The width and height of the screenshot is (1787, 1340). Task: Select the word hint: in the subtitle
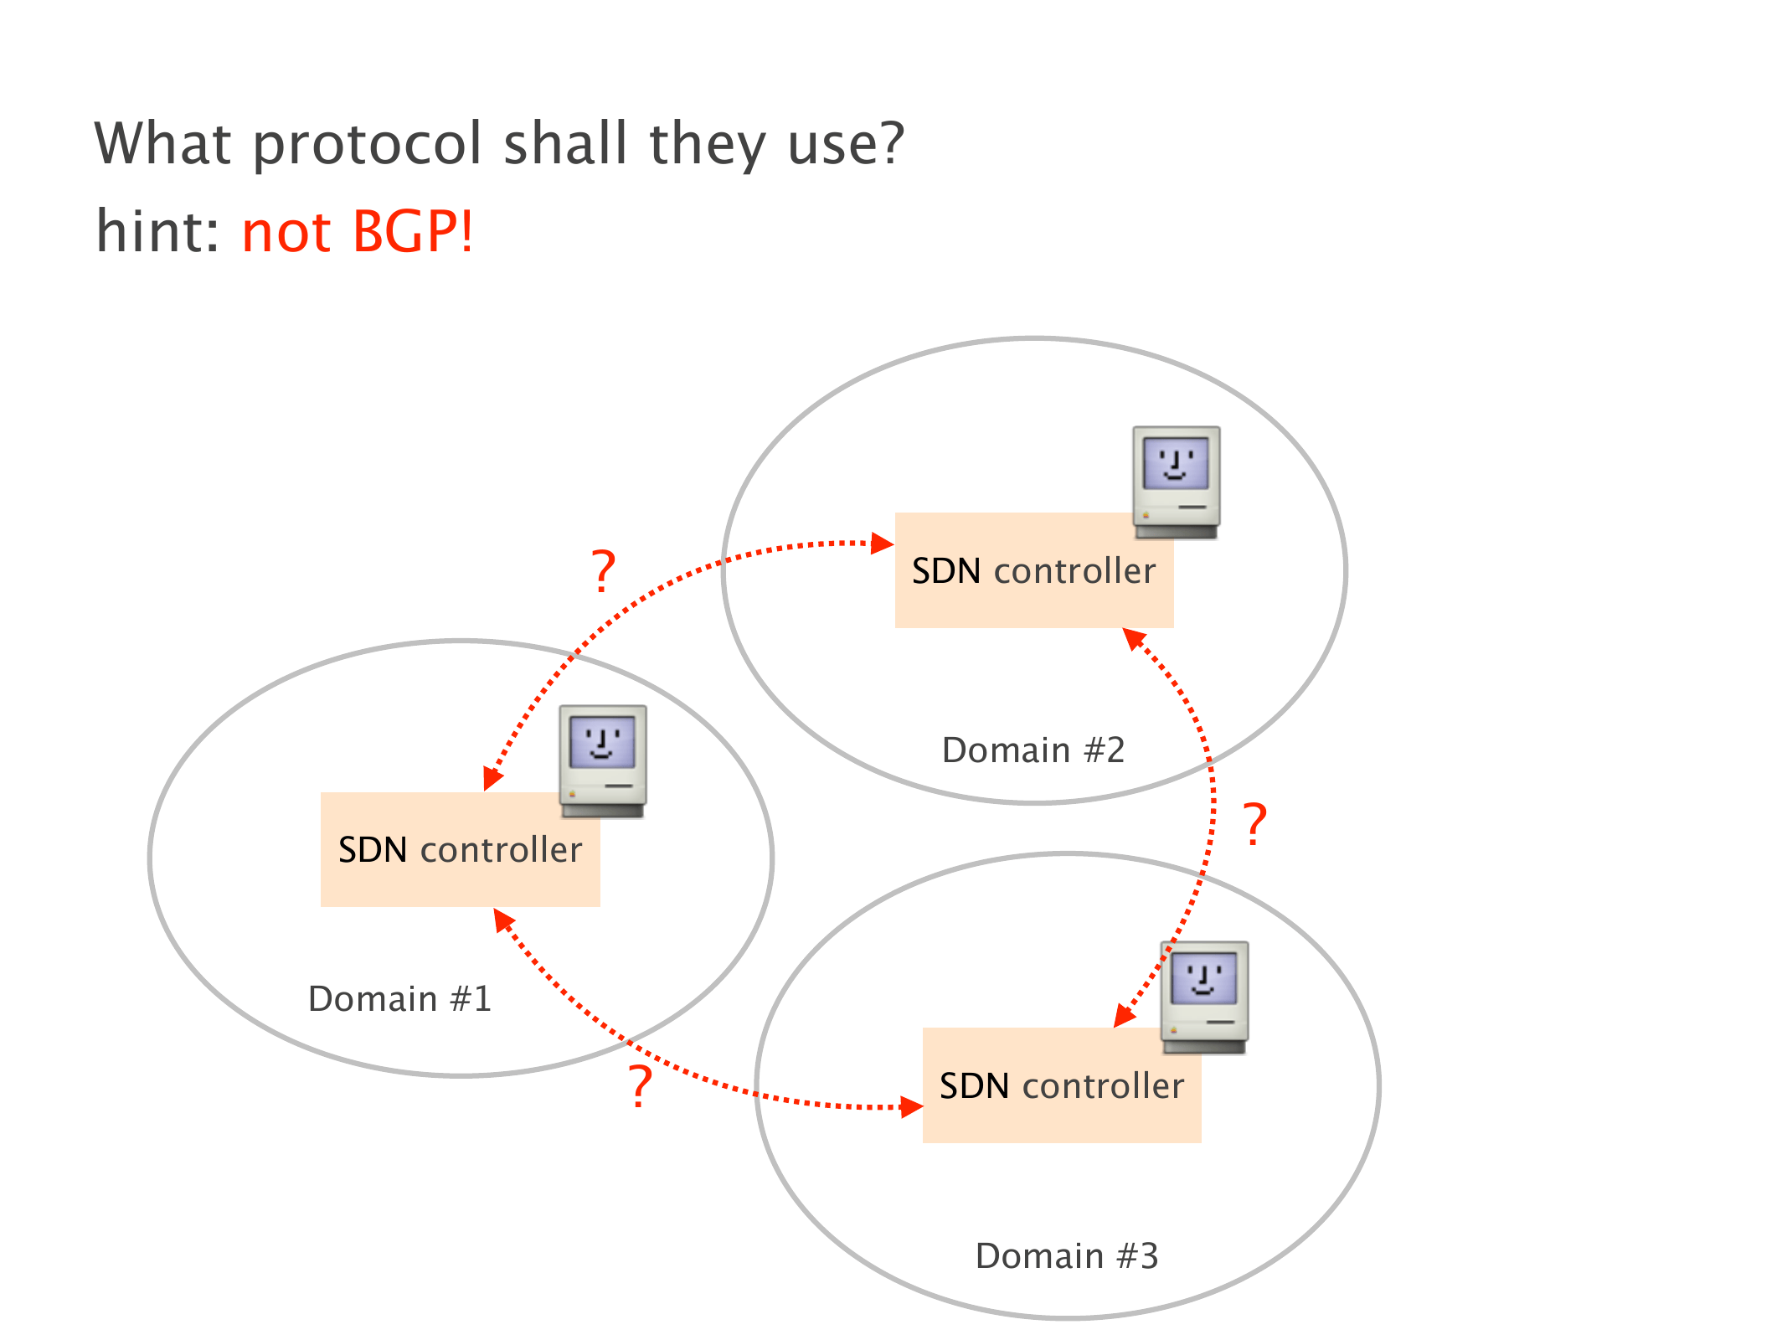coord(157,231)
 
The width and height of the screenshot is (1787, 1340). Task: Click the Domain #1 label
coord(399,999)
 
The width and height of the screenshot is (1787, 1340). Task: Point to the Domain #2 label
coord(1033,750)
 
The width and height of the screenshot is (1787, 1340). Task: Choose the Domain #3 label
coord(1067,1256)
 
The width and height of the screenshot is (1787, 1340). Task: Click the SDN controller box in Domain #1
coord(460,850)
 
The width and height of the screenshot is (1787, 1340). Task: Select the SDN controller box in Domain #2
coord(1033,571)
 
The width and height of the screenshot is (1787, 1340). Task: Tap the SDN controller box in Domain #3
coord(1061,1086)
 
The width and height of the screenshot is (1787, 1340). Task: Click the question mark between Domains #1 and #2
coord(604,571)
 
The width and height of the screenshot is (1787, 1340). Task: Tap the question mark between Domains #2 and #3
coord(1254,824)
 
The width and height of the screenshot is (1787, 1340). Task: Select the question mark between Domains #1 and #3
coord(641,1087)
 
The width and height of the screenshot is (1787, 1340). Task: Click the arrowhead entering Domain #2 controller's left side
coord(883,544)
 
